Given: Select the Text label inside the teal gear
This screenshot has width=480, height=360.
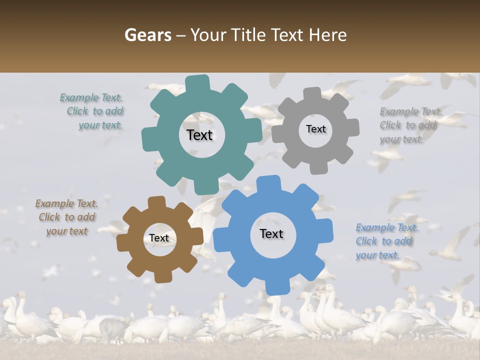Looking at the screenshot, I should click(x=199, y=135).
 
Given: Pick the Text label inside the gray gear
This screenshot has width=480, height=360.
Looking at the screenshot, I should click(x=315, y=129).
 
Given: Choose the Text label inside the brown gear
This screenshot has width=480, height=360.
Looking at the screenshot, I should click(x=159, y=238).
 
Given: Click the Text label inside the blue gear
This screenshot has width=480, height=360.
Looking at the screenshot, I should click(x=271, y=234).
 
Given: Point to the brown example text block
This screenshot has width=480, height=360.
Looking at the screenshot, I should click(x=66, y=217).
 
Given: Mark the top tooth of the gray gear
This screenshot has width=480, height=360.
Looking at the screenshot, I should click(x=313, y=93).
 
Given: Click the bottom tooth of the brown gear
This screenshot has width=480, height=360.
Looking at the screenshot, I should click(x=162, y=276).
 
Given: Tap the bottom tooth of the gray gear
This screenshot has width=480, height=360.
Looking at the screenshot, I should click(x=318, y=167).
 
